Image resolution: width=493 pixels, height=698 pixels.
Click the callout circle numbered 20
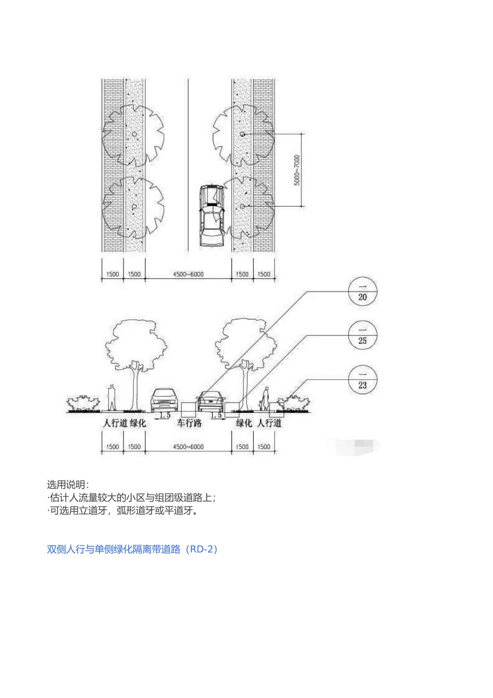point(362,291)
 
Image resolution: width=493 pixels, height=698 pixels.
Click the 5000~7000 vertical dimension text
point(297,170)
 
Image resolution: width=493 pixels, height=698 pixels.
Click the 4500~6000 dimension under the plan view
point(188,274)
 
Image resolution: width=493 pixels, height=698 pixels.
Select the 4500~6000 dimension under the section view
point(188,447)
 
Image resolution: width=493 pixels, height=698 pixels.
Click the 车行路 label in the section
point(189,423)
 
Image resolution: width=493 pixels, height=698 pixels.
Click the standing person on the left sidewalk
point(111,398)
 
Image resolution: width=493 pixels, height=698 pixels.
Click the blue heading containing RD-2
point(133,549)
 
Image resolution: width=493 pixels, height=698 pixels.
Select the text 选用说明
point(68,485)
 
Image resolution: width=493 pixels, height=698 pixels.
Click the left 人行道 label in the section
point(115,423)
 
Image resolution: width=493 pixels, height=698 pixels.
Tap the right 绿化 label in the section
point(244,423)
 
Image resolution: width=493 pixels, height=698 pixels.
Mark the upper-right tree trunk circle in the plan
point(242,135)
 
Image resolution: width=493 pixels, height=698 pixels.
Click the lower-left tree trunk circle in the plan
point(134,207)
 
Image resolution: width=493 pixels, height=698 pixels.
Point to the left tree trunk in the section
point(136,387)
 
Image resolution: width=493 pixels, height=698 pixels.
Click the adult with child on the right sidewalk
point(265,399)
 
